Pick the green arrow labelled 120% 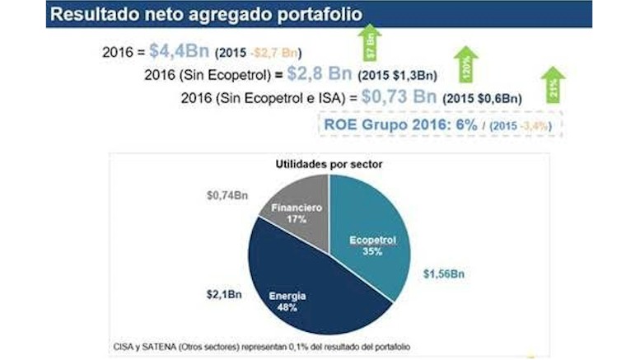coord(465,63)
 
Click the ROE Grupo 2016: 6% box coord(439,124)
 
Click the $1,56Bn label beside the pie coord(444,274)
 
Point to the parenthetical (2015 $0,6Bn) coord(483,98)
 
